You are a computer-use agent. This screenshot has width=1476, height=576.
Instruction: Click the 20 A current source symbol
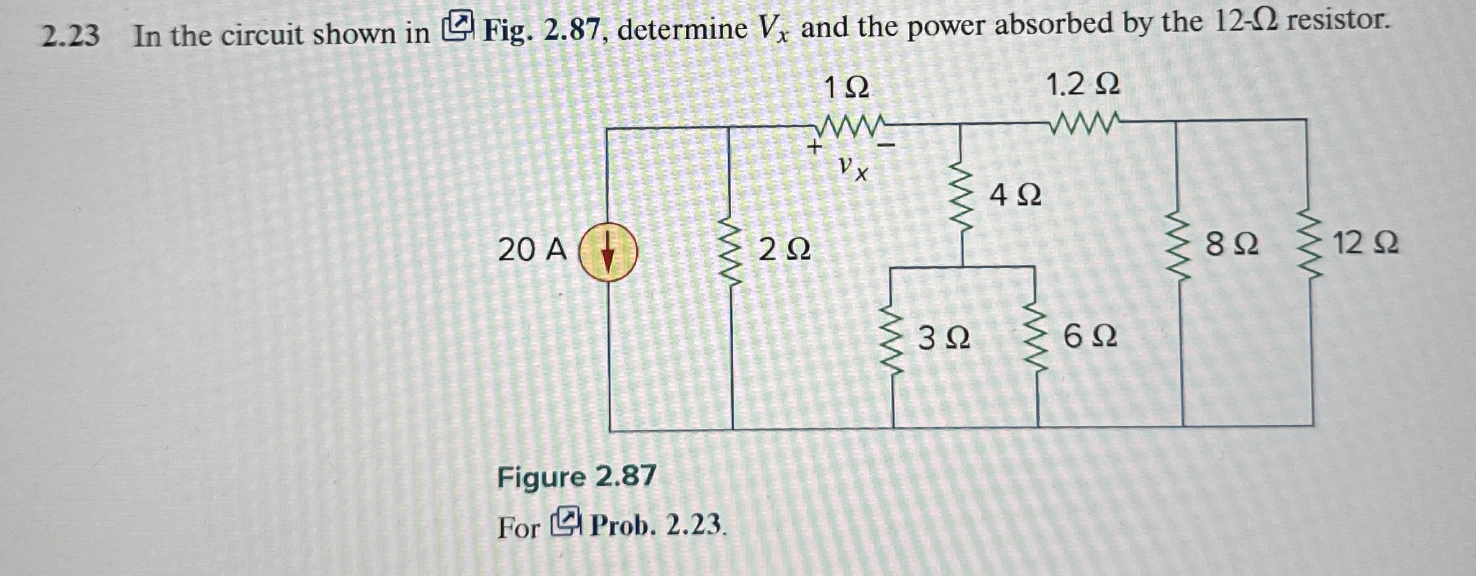(608, 253)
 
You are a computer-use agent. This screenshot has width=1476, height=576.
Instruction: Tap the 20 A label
(532, 250)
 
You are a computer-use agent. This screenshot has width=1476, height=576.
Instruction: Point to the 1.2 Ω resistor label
(1083, 84)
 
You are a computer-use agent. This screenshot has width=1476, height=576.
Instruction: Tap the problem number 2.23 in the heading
(70, 36)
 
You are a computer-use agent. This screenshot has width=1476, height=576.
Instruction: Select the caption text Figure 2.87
(576, 477)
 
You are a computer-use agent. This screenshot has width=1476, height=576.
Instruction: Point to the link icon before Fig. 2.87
(458, 27)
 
